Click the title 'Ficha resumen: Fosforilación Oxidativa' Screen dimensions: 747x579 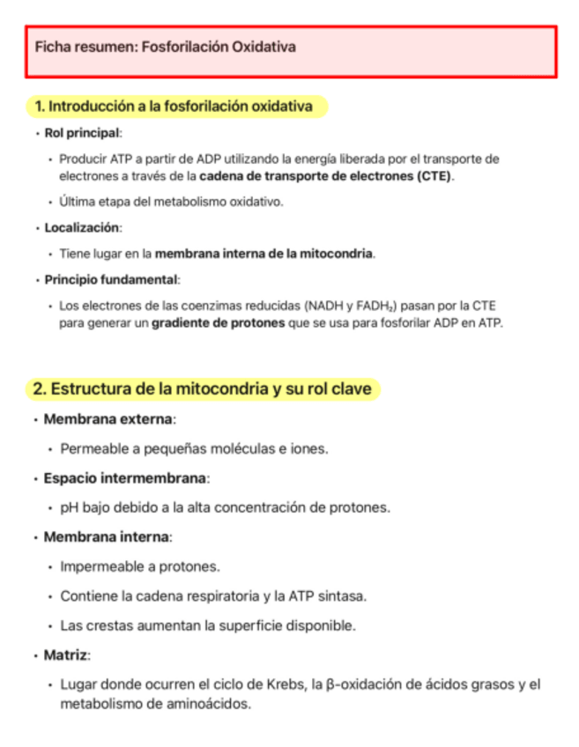[x=165, y=47]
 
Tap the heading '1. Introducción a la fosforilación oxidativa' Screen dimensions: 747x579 [x=174, y=107]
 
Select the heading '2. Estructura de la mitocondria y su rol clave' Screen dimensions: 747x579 [x=202, y=388]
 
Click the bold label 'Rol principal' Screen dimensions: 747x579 [x=82, y=133]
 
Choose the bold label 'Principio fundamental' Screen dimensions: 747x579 [x=111, y=280]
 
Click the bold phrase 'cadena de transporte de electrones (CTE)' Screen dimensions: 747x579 [x=324, y=176]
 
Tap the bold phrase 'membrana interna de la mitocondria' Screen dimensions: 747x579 [x=264, y=254]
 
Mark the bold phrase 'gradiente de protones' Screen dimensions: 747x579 [x=218, y=322]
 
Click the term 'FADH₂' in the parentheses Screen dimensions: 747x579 [x=375, y=307]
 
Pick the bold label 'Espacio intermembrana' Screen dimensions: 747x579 [x=125, y=478]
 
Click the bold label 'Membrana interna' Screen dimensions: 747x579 [x=107, y=536]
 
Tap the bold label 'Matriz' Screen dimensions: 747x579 [x=66, y=655]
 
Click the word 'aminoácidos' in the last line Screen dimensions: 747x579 [x=212, y=704]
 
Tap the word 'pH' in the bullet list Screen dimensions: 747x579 [x=70, y=507]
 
